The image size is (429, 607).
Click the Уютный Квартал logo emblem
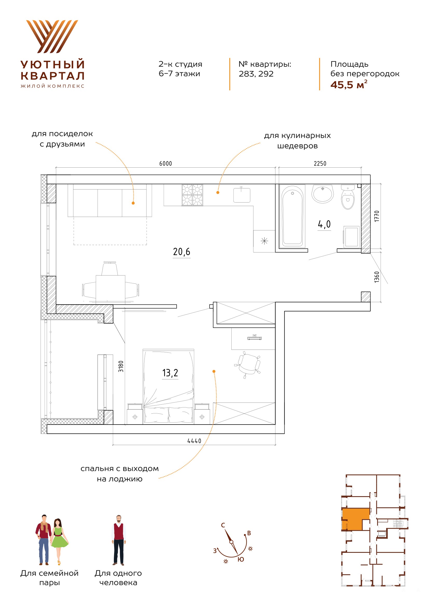click(x=52, y=37)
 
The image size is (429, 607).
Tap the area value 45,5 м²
click(x=349, y=85)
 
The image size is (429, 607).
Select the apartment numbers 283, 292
click(x=256, y=74)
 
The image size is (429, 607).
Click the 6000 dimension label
click(x=166, y=164)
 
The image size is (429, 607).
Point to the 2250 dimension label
click(x=320, y=164)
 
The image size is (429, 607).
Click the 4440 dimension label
click(x=194, y=441)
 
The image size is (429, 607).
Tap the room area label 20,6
click(x=182, y=252)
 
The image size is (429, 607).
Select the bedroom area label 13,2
click(x=170, y=373)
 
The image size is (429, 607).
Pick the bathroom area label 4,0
click(x=324, y=224)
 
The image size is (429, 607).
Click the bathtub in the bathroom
click(x=292, y=216)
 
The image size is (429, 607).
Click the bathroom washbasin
click(x=323, y=194)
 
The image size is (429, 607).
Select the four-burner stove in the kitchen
click(x=192, y=195)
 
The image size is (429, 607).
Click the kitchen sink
click(x=242, y=195)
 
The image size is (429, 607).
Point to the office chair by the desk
click(x=248, y=365)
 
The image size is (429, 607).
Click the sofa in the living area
click(x=110, y=200)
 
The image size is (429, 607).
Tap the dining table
click(x=110, y=289)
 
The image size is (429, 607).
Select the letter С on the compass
click(x=223, y=525)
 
